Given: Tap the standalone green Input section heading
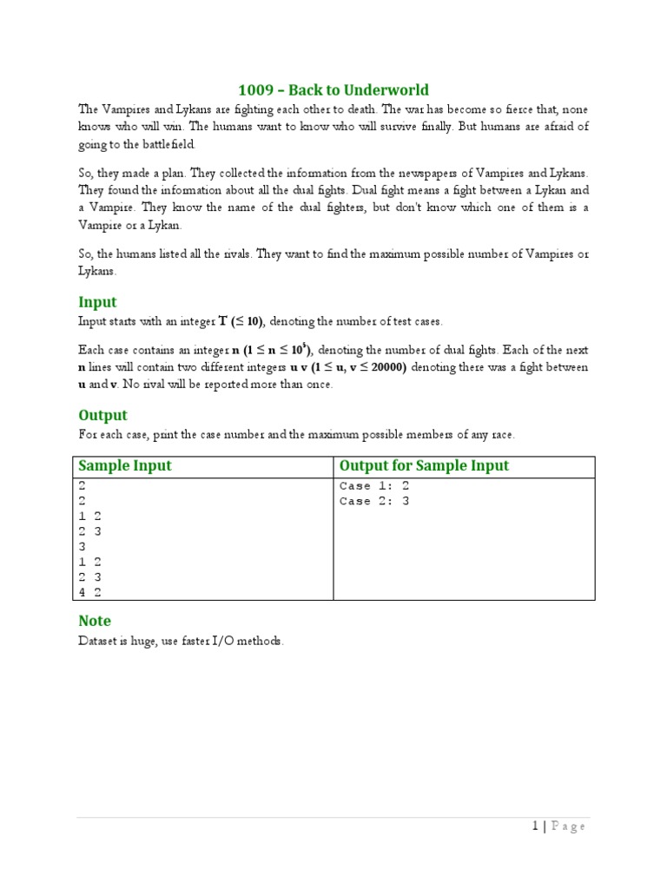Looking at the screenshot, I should point(97,302).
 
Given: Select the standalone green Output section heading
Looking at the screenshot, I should point(102,415).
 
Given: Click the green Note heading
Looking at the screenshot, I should point(95,621).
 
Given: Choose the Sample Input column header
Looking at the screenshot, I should point(125,466).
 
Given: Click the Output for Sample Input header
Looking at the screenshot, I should point(424,466).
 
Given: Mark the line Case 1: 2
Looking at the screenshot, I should point(373,486).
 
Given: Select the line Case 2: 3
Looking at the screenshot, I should point(373,501).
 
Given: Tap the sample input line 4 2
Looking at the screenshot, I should point(90,592).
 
